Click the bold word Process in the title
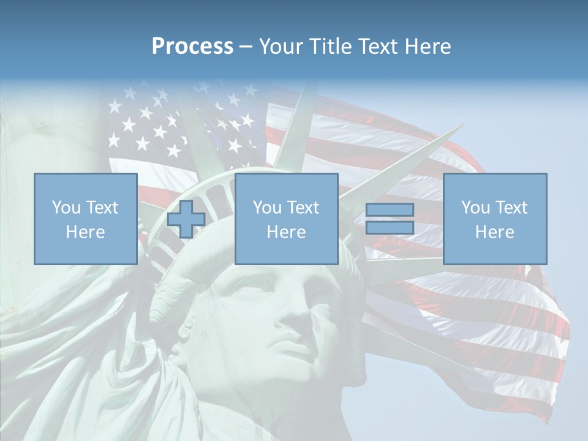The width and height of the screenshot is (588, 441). point(192,47)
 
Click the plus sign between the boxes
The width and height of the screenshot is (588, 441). point(186,219)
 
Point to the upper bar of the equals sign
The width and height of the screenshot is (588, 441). point(390,210)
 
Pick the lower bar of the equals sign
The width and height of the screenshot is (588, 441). point(390,228)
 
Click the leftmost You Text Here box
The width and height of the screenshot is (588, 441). point(85,219)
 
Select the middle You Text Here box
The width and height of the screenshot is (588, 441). point(286,219)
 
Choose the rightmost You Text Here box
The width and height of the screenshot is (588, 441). point(494,219)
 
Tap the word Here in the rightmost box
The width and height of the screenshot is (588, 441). point(494,232)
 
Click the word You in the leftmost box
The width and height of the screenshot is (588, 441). point(66,208)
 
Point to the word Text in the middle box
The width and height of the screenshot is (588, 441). point(303,208)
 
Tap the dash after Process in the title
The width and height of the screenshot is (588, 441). point(246,47)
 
